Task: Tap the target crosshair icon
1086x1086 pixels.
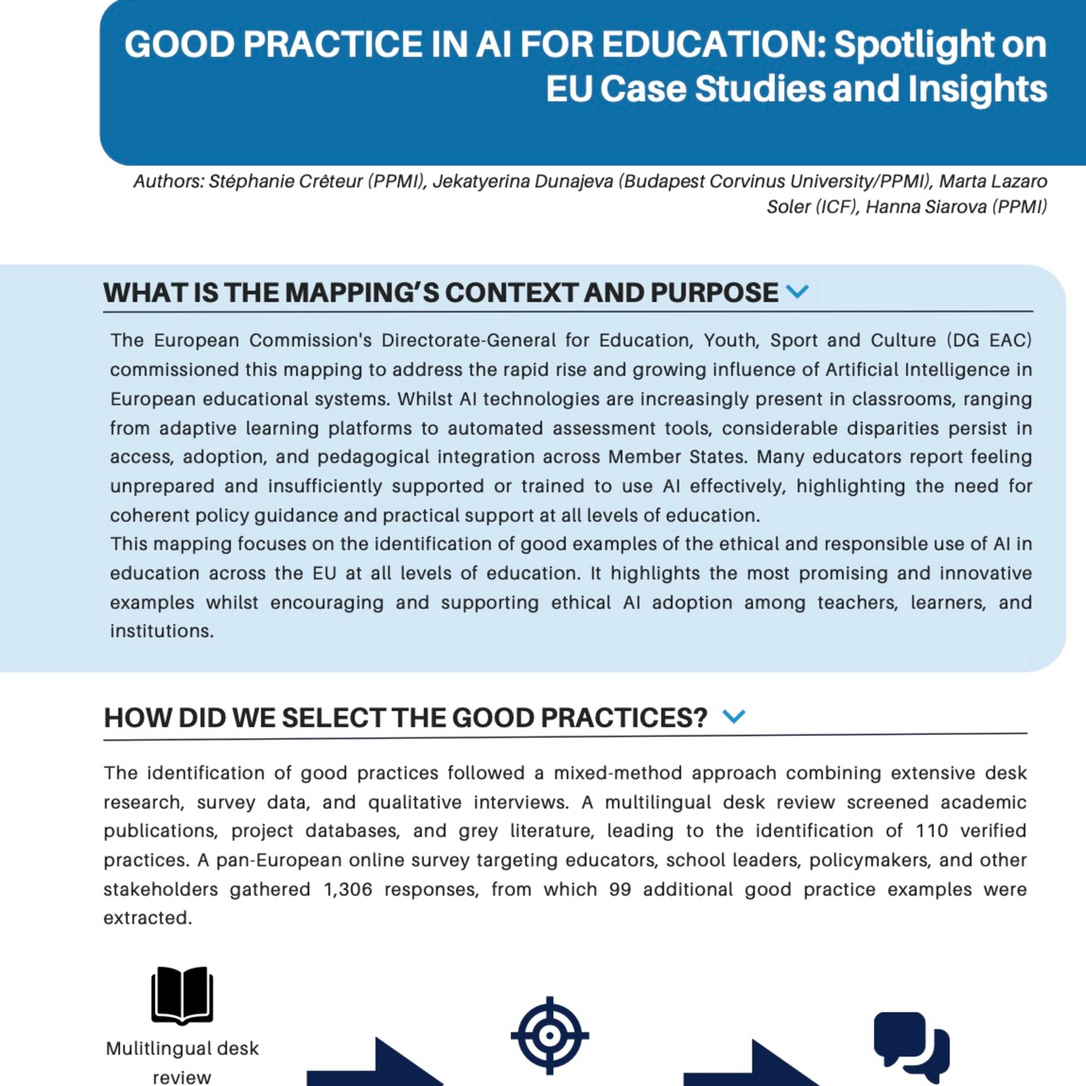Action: pyautogui.click(x=549, y=1035)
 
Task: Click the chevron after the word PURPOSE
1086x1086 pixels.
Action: pyautogui.click(x=797, y=291)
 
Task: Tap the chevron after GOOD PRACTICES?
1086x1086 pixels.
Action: pyautogui.click(x=733, y=716)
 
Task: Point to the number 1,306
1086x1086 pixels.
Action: pyautogui.click(x=348, y=889)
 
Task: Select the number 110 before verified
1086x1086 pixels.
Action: pyautogui.click(x=931, y=831)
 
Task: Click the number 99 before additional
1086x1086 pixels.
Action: pyautogui.click(x=620, y=889)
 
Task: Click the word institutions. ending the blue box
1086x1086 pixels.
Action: pyautogui.click(x=162, y=631)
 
